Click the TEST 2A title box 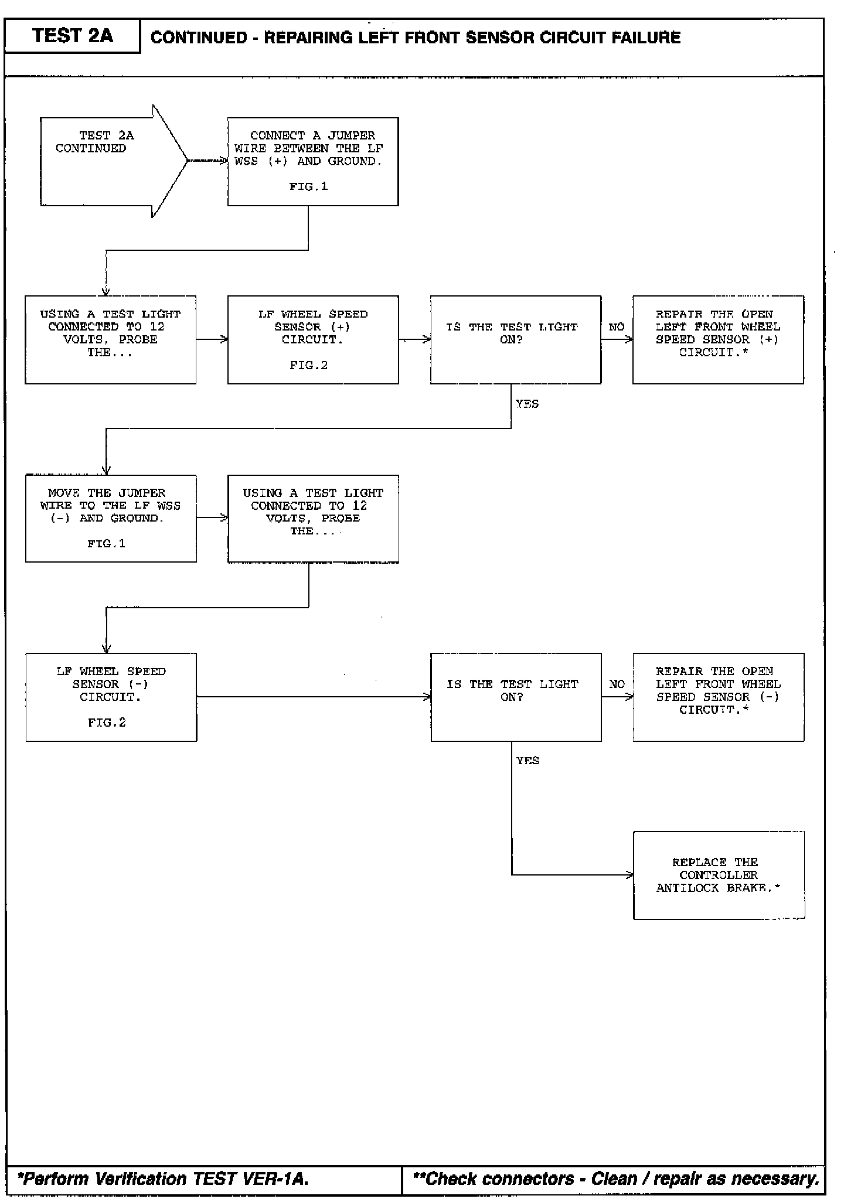(72, 36)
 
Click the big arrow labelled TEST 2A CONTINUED (111, 161)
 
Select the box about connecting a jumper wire (313, 161)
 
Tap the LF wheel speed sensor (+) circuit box (313, 340)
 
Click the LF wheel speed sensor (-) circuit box (111, 697)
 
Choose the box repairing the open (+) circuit (718, 340)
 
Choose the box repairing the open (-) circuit (718, 697)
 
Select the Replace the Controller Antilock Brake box (719, 875)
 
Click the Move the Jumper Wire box (111, 518)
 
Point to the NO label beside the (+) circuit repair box (617, 327)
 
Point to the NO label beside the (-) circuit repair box (617, 684)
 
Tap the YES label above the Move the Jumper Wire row (527, 404)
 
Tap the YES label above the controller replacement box (527, 761)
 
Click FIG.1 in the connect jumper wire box (308, 186)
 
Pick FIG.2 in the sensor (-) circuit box (107, 723)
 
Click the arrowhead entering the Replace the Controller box (630, 875)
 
